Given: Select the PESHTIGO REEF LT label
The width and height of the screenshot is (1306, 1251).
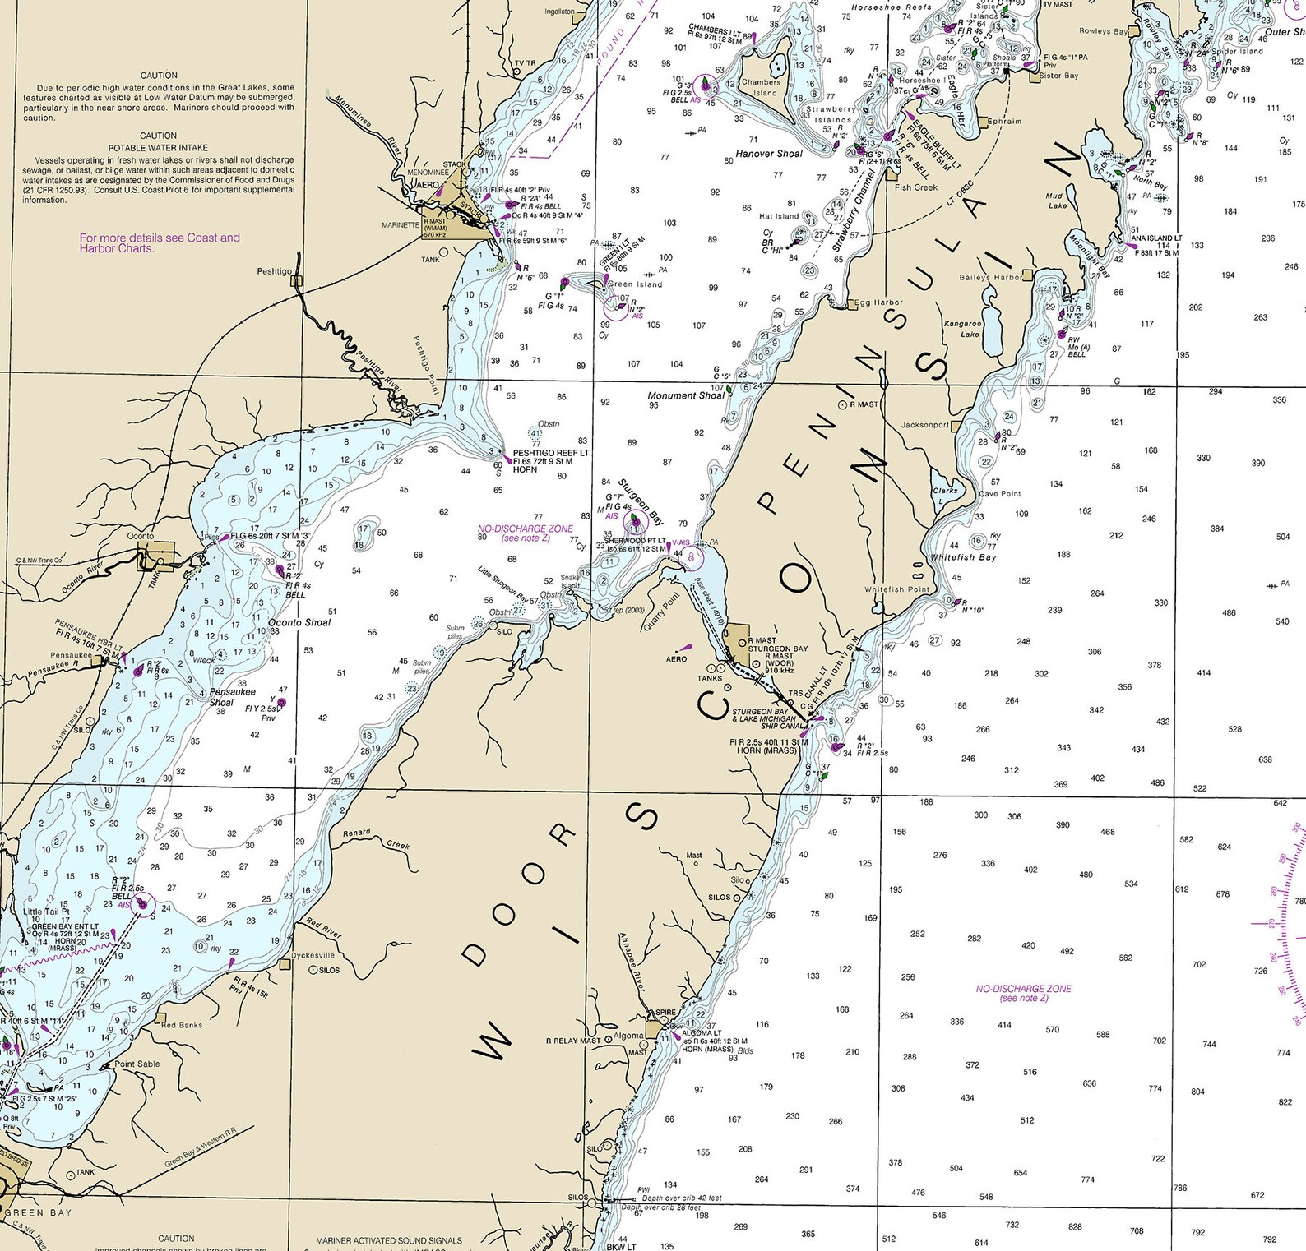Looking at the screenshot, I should (550, 453).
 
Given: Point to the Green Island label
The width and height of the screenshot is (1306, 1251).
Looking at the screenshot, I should (635, 284).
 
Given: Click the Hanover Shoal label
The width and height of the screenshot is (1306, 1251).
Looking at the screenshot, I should (769, 154).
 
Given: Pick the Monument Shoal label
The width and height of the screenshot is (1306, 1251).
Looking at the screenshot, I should (686, 395).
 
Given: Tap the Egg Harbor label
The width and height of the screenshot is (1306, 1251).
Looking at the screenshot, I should (878, 302).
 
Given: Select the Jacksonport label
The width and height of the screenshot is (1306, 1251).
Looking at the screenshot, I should (925, 425).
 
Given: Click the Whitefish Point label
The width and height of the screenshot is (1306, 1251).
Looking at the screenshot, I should (896, 589).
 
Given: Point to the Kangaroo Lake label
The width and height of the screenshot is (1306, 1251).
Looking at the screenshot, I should (962, 329).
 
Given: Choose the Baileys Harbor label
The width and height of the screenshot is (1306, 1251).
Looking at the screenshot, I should (990, 278).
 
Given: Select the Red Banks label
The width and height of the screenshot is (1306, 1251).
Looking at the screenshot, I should (180, 1025).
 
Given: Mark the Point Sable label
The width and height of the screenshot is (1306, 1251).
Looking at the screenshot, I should (137, 1064).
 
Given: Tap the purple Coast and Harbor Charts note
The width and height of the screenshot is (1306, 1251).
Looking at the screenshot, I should (160, 242).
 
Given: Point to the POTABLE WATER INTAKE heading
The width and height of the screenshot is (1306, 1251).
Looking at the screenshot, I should (158, 148).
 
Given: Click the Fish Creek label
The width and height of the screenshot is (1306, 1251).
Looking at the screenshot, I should (915, 187).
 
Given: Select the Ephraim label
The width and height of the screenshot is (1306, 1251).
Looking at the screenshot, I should (1004, 121).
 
